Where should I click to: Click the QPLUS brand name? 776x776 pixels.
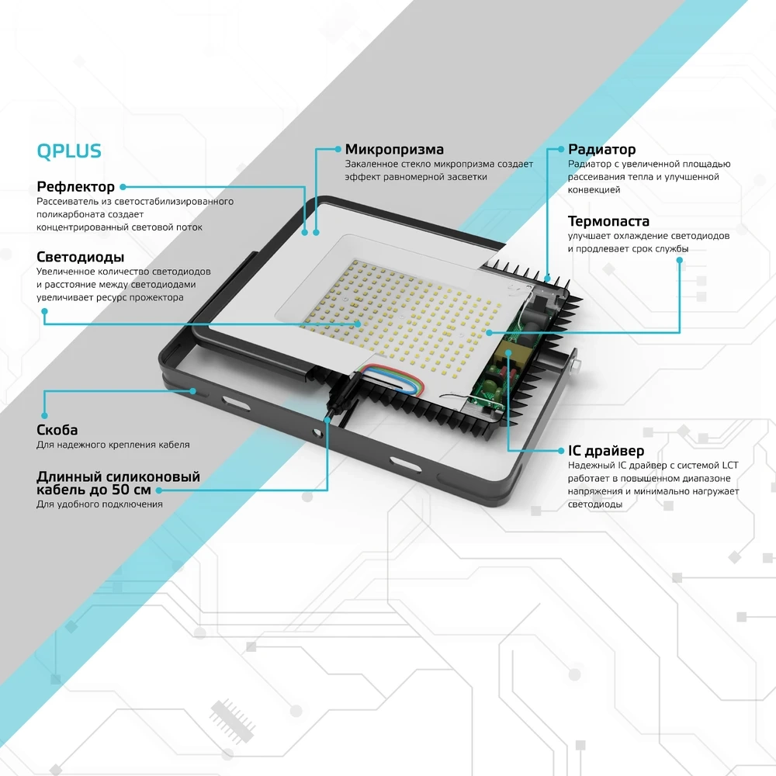point(69,151)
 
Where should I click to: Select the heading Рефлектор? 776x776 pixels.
point(75,187)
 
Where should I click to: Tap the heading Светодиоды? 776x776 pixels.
point(80,257)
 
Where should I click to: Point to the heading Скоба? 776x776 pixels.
point(57,430)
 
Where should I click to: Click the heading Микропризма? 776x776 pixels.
point(394,149)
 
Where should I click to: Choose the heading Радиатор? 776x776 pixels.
point(601,149)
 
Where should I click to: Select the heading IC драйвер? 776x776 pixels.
point(605,451)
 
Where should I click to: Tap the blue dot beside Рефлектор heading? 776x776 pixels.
point(123,187)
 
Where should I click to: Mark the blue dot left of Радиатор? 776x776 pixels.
point(560,149)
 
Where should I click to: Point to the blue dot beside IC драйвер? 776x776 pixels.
point(559,451)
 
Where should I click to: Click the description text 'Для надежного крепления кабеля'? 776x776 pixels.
point(113,445)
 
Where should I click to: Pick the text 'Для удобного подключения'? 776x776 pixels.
point(99,504)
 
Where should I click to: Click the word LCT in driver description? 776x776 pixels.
point(730,465)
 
